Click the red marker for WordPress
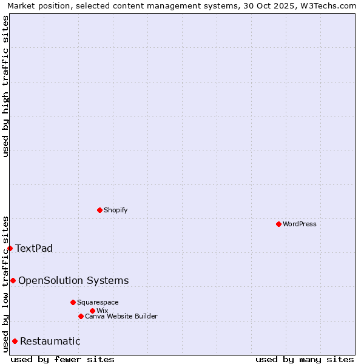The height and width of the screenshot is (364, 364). (278, 224)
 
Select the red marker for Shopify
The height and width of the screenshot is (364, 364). (99, 210)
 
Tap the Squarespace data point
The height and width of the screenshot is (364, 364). (73, 302)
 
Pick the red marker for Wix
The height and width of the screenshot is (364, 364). (92, 311)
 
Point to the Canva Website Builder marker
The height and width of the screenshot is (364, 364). (81, 316)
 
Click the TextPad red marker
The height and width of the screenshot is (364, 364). (10, 248)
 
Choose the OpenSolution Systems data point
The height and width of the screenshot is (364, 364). (13, 280)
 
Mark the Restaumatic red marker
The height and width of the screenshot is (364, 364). (15, 341)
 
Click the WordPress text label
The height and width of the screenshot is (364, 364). (300, 224)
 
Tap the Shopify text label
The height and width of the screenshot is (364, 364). (115, 210)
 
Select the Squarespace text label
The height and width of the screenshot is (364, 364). (98, 302)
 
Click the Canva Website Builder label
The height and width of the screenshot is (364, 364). (121, 316)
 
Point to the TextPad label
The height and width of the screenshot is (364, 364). (34, 248)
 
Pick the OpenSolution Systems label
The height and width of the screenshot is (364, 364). (73, 280)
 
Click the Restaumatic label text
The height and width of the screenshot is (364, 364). (50, 341)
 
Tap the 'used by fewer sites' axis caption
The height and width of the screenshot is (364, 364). (62, 359)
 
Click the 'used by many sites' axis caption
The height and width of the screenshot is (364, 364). (305, 359)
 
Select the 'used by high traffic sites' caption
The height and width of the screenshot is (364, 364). (6, 86)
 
